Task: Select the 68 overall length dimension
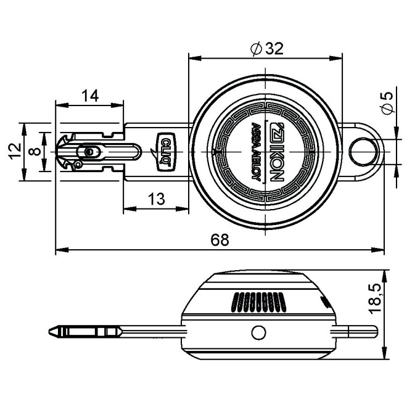coord(220,240)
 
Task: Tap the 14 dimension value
coord(90,95)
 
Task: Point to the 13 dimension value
coord(156,199)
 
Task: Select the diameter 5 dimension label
coord(387,102)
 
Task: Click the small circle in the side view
coord(258,332)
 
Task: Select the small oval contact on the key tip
coord(91,151)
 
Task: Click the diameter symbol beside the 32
coord(257,49)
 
